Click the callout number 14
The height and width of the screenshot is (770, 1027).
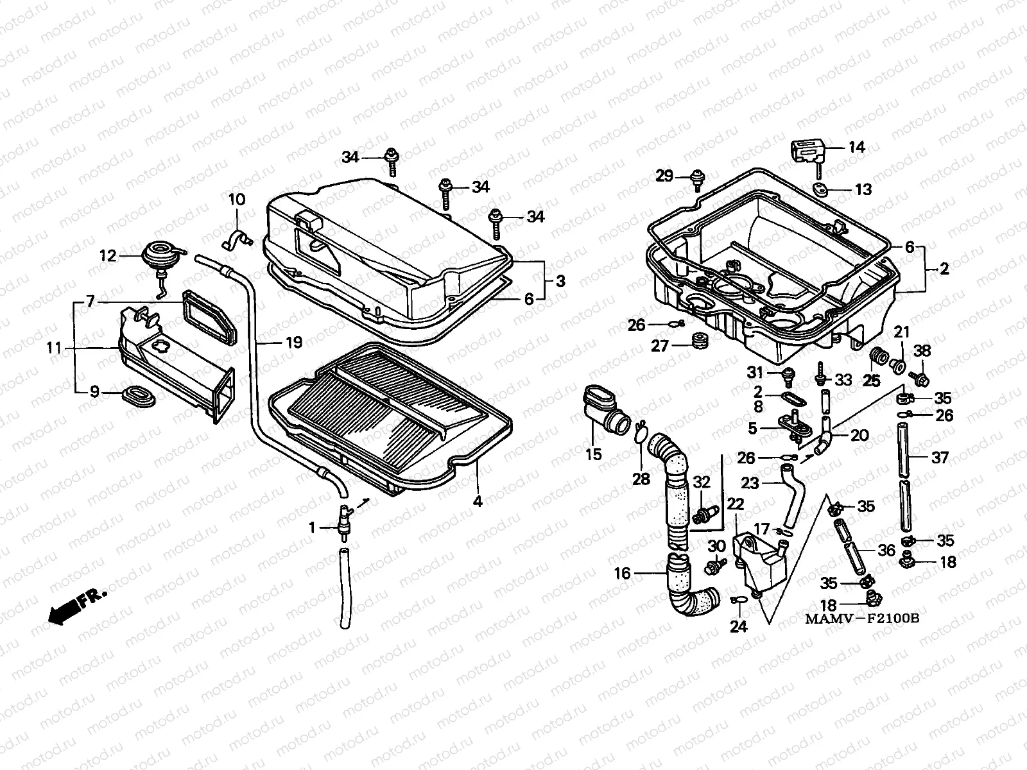click(856, 148)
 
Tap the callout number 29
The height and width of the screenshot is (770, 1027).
click(664, 176)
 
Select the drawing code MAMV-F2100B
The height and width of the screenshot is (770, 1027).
click(863, 620)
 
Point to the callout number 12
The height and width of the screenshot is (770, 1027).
click(107, 256)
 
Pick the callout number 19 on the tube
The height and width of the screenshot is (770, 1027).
click(293, 343)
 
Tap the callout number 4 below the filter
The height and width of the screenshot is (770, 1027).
click(478, 501)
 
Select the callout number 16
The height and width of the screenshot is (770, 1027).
click(623, 573)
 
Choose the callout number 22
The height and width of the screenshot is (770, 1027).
click(736, 505)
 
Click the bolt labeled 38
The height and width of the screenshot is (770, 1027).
click(920, 379)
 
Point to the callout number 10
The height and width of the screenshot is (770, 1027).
click(237, 199)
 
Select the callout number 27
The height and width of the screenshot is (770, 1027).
click(660, 346)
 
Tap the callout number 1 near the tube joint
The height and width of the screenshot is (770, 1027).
click(313, 527)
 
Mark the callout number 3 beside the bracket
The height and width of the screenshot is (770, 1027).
click(560, 280)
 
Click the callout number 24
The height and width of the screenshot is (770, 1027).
click(739, 626)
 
